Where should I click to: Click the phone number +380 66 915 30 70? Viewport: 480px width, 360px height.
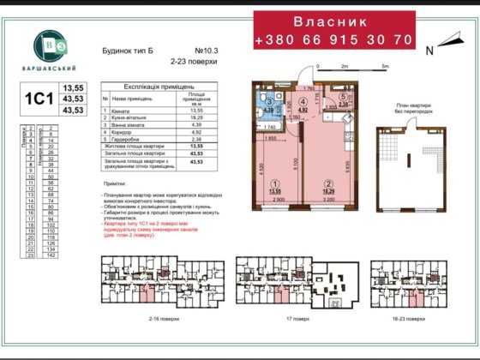(x=333, y=40)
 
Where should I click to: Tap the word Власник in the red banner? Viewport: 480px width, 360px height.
(x=333, y=19)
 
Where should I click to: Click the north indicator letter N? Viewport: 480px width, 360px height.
(x=429, y=51)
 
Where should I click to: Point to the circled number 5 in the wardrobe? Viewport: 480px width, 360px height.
(x=342, y=97)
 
